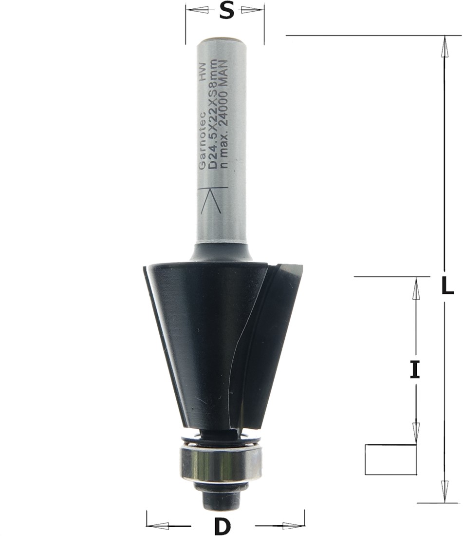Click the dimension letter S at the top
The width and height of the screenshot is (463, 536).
click(226, 11)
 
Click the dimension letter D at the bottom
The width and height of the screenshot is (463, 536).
click(222, 526)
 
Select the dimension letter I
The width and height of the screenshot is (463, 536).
click(415, 370)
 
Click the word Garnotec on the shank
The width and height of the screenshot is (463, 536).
click(202, 140)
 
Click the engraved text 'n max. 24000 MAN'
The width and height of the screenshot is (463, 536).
click(223, 114)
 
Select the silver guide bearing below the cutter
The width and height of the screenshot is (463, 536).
click(220, 462)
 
